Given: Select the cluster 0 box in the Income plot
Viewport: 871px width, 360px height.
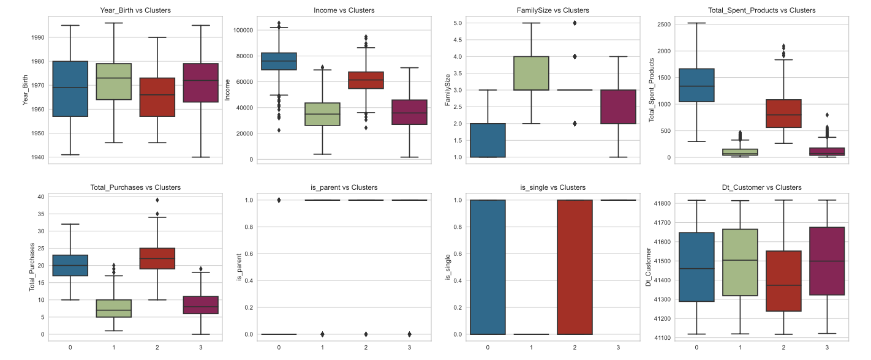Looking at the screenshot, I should tap(279, 61).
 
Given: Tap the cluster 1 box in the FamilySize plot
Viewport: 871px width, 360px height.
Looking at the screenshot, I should tap(531, 73).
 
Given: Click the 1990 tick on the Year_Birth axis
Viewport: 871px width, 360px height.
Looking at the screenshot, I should tap(37, 37).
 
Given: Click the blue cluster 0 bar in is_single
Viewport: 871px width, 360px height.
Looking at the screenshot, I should tap(488, 267).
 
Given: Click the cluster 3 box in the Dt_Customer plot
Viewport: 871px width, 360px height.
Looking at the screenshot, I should tap(827, 261).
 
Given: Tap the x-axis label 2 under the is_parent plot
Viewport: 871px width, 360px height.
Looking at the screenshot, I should tap(366, 347).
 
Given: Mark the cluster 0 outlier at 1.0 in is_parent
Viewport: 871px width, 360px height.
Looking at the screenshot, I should tap(279, 200).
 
